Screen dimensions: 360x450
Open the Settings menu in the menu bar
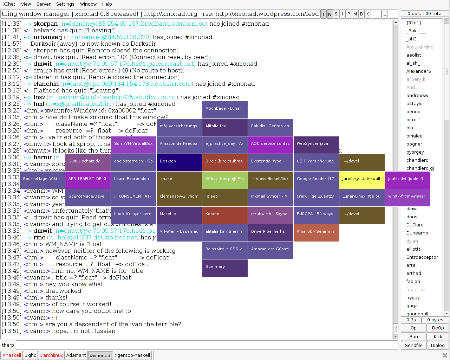tap(65, 4)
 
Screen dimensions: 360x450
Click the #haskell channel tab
tap(12, 355)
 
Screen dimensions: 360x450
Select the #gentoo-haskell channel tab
tap(132, 355)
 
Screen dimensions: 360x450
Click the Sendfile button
tap(413, 345)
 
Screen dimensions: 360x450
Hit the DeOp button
tap(438, 328)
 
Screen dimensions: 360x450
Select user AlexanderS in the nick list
tap(418, 71)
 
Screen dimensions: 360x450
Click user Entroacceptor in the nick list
tap(422, 257)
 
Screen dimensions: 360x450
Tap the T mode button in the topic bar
tap(324, 14)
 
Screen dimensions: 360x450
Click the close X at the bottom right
tap(444, 355)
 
